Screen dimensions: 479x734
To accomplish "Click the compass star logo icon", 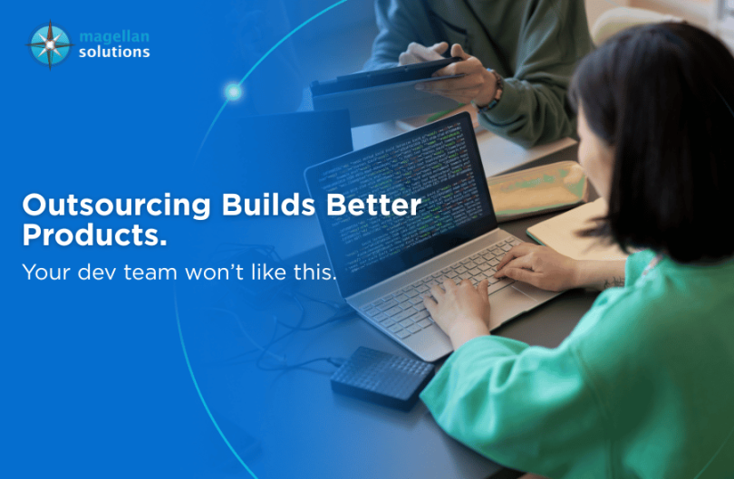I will coord(49,44).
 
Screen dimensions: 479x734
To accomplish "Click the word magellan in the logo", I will coord(114,36).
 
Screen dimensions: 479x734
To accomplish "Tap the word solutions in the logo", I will coord(114,53).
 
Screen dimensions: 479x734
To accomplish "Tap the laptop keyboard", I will coord(453,290).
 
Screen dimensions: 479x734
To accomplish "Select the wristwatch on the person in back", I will coord(495,90).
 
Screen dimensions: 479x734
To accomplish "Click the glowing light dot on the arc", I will coord(233,91).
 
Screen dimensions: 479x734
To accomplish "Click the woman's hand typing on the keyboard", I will coord(535,266).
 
